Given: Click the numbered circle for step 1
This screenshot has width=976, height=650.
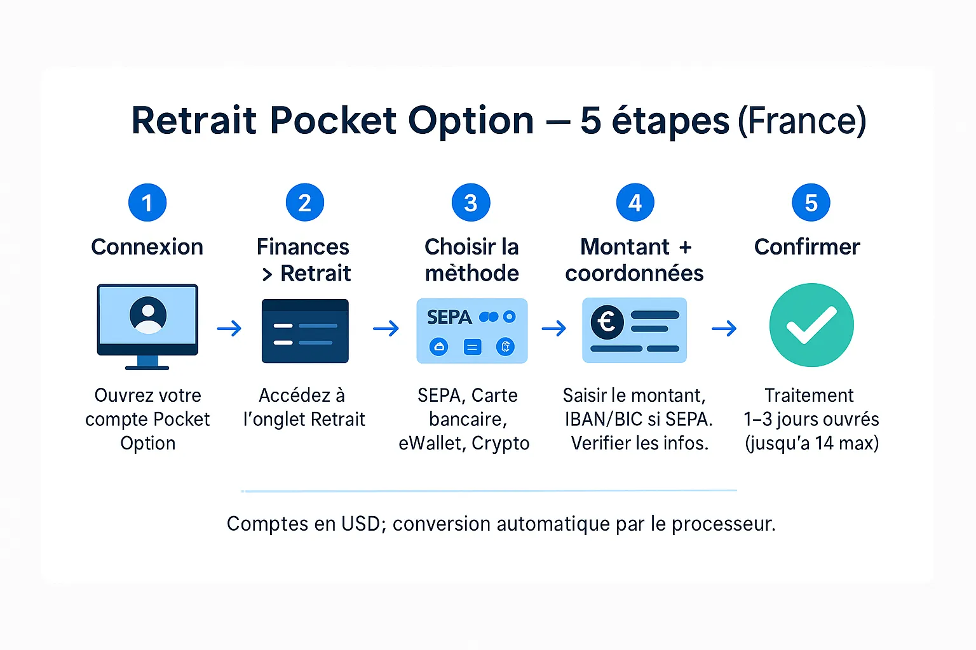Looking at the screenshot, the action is pyautogui.click(x=147, y=202).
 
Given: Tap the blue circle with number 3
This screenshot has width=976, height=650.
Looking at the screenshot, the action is pyautogui.click(x=471, y=202).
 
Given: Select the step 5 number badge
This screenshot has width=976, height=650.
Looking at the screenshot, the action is pyautogui.click(x=811, y=202).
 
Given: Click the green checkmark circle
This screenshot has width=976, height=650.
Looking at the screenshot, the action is pyautogui.click(x=811, y=325).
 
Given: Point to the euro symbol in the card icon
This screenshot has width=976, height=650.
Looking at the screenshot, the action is pyautogui.click(x=607, y=322).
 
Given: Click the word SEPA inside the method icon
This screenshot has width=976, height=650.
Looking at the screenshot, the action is pyautogui.click(x=449, y=317).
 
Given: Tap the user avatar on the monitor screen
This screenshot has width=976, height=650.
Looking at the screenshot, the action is pyautogui.click(x=148, y=315).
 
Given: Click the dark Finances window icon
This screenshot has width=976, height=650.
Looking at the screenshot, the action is pyautogui.click(x=305, y=331).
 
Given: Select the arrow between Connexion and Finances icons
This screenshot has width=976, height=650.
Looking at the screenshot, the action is pyautogui.click(x=229, y=328).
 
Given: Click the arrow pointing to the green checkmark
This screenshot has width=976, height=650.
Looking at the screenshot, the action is pyautogui.click(x=724, y=328).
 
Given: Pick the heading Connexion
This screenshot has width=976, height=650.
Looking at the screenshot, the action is pyautogui.click(x=147, y=247).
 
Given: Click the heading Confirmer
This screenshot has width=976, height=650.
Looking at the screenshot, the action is pyautogui.click(x=807, y=247).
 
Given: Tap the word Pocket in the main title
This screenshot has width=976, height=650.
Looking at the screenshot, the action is pyautogui.click(x=334, y=120).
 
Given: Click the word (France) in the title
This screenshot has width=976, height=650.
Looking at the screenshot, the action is pyautogui.click(x=802, y=121).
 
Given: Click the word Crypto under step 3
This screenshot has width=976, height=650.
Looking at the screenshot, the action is pyautogui.click(x=500, y=444).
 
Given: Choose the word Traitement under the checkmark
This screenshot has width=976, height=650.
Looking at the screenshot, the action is pyautogui.click(x=809, y=395).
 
